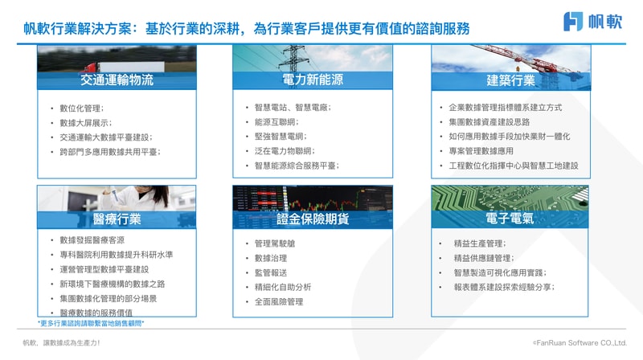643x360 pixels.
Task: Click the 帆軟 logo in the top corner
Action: click(593, 22)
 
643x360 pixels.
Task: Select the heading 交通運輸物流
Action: click(117, 80)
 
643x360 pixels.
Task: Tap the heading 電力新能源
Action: click(313, 79)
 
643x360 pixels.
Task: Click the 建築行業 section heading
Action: click(510, 80)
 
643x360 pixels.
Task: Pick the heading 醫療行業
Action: click(117, 219)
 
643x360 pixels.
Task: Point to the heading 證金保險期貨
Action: click(313, 219)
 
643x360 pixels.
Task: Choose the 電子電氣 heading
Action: click(510, 218)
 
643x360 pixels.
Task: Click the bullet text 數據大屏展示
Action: click(86, 123)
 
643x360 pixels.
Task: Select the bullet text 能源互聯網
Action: click(276, 122)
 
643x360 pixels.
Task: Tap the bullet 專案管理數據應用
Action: click(481, 151)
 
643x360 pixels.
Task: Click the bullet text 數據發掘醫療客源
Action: click(92, 239)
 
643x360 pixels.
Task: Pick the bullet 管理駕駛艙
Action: click(275, 243)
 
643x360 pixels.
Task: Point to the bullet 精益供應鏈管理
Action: click(484, 258)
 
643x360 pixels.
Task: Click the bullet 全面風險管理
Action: click(279, 302)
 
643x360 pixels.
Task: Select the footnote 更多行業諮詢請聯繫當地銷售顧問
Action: click(91, 323)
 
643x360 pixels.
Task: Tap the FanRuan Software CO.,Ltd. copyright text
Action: click(580, 343)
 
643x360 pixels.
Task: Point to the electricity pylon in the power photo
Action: click(293, 59)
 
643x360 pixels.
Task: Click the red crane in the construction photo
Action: click(529, 60)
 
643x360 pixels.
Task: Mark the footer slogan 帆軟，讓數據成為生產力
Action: click(61, 343)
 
